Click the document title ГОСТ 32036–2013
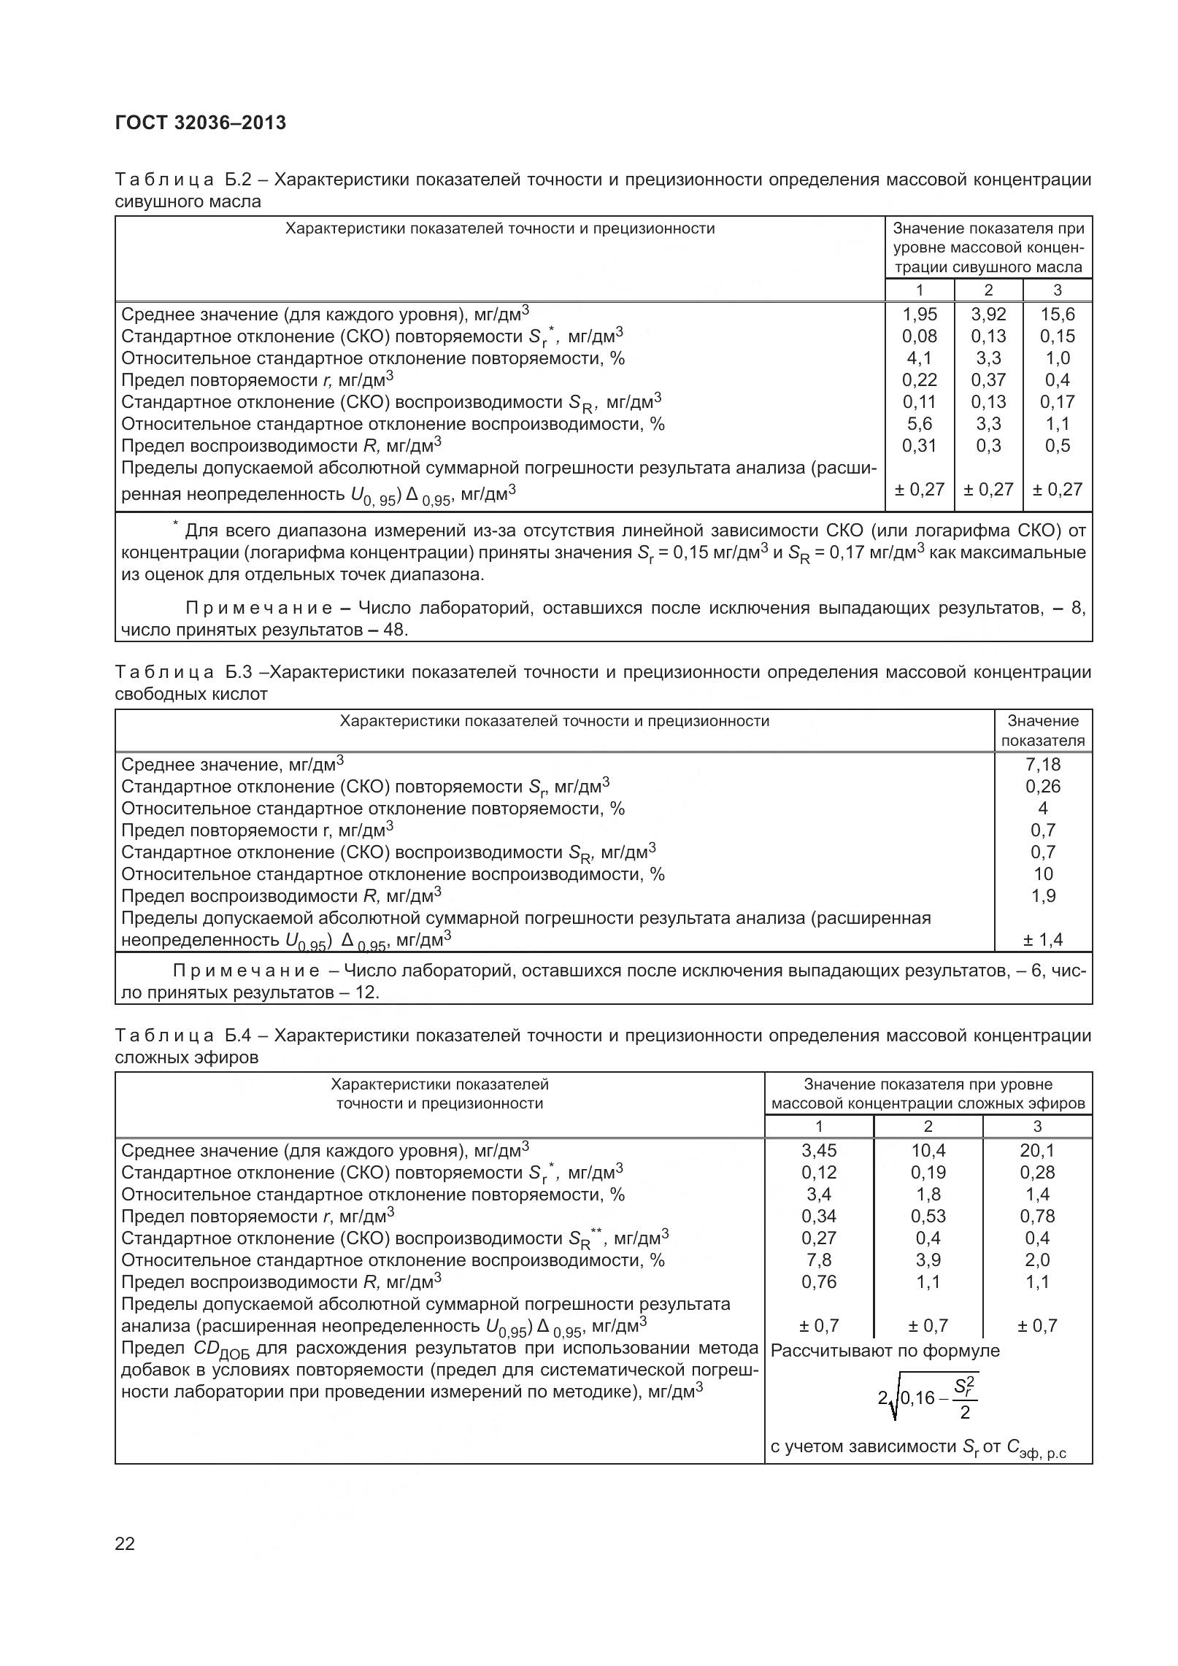[201, 123]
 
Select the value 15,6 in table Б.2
[1057, 315]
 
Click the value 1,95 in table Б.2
[919, 315]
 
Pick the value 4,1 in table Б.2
[919, 358]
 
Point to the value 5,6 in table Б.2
[919, 424]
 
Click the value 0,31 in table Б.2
[919, 446]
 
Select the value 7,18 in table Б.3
[1042, 765]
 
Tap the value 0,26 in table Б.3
[1042, 787]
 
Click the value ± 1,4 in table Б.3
[1042, 940]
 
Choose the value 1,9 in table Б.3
[1043, 896]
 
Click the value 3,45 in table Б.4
[819, 1151]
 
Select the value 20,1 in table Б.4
[1037, 1151]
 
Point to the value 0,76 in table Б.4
[819, 1282]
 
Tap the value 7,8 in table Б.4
[819, 1260]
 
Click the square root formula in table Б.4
[928, 1397]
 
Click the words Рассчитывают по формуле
[885, 1351]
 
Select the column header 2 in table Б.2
[988, 290]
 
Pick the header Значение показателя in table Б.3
[1043, 730]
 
